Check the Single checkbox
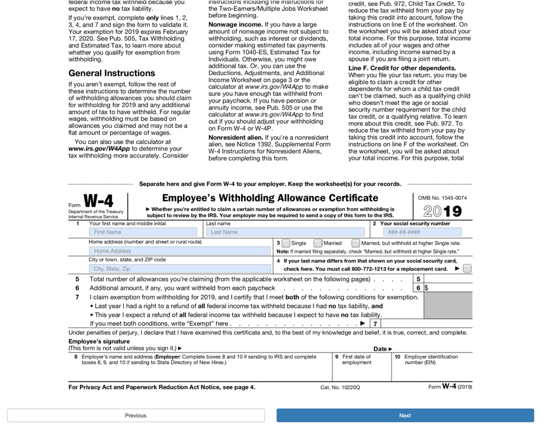point(286,243)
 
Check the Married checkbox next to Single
point(318,243)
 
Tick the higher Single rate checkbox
point(355,243)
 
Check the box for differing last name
point(467,269)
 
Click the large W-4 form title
point(98,201)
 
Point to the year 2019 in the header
point(442,211)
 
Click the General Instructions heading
point(112,73)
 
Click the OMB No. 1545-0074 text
point(442,198)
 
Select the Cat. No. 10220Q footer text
point(340,387)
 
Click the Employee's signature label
point(99,342)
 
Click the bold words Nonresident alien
point(235,137)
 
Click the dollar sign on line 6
point(426,288)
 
